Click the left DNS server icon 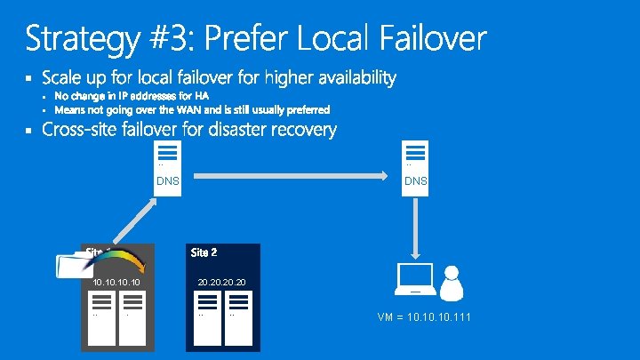[x=168, y=154]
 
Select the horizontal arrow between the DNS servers [x=288, y=176]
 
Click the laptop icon [x=415, y=281]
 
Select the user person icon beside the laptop [x=452, y=283]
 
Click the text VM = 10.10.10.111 [x=424, y=316]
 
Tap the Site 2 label [x=204, y=252]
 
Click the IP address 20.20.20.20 [x=222, y=282]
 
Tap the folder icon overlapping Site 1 [x=71, y=266]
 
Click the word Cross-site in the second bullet [x=82, y=130]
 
